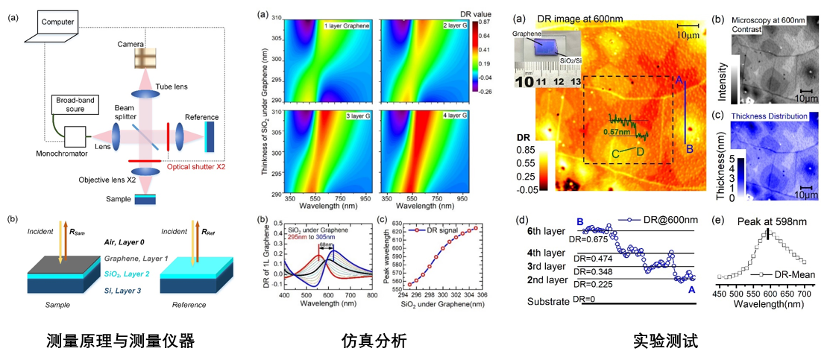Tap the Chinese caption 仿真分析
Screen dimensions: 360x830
tap(374, 341)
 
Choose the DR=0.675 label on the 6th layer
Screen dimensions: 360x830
tap(591, 239)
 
